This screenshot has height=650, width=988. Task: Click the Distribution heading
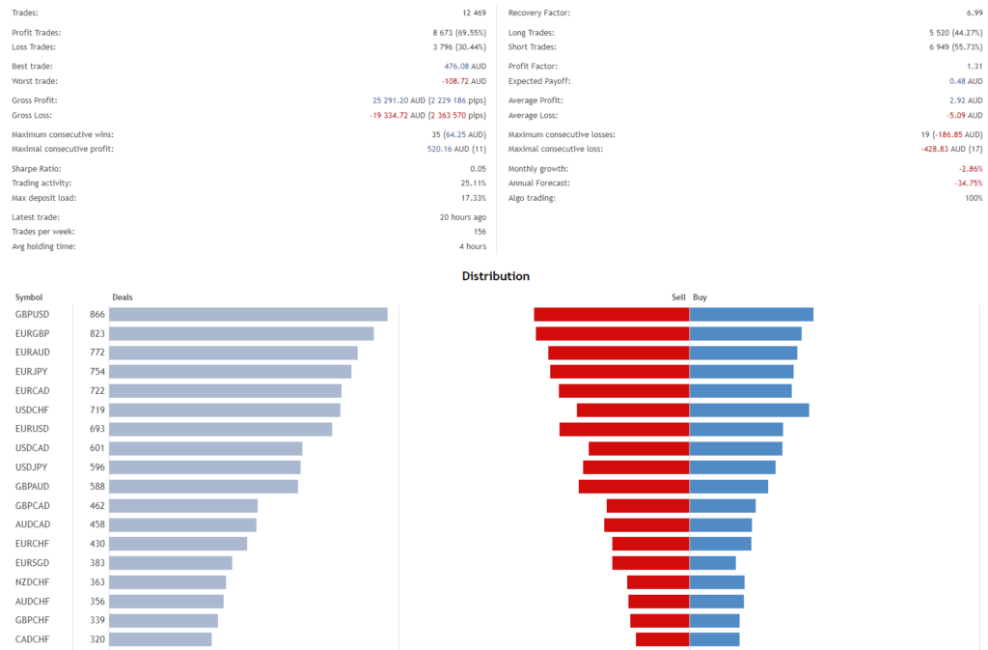(x=495, y=276)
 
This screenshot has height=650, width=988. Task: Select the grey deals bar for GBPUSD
(x=248, y=315)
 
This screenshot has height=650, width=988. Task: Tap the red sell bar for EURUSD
(x=624, y=429)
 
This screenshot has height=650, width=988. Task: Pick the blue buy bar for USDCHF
(x=749, y=410)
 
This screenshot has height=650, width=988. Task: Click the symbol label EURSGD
(x=33, y=563)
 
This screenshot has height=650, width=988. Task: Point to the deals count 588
(x=96, y=487)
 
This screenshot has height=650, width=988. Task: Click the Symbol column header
(x=29, y=297)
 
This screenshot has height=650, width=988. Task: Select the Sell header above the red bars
(x=678, y=297)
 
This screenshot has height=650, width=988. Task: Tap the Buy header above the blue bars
(x=700, y=297)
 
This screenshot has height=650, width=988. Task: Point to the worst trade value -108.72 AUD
(x=462, y=81)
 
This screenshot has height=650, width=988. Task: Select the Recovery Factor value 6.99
(x=974, y=13)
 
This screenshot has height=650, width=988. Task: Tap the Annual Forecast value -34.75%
(x=967, y=184)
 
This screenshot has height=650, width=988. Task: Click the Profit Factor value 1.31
(x=974, y=67)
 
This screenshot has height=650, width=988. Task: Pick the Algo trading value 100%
(x=973, y=198)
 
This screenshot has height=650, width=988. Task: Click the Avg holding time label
(x=42, y=246)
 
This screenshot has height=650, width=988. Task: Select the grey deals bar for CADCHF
(x=160, y=639)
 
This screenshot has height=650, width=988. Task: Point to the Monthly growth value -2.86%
(x=969, y=169)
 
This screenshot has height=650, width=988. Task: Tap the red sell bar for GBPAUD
(x=634, y=487)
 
